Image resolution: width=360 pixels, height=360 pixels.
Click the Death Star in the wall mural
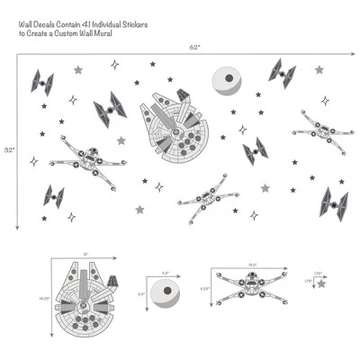point(228,82)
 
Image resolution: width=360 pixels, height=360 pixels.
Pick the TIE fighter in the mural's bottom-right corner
point(334,202)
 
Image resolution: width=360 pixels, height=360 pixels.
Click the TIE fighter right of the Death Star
point(282,72)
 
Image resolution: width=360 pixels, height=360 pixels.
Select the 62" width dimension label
point(195,47)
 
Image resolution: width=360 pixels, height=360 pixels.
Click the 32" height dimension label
point(8,148)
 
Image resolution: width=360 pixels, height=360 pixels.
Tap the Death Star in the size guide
point(166,294)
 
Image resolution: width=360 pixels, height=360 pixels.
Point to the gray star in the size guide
point(321,283)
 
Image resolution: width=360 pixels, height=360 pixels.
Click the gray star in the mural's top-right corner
point(319,69)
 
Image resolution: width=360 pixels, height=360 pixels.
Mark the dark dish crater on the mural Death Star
point(231,81)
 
